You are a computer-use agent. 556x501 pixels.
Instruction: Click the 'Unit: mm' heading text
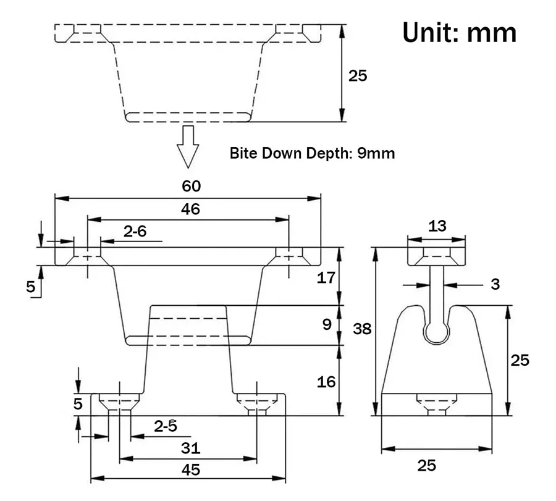point(459,33)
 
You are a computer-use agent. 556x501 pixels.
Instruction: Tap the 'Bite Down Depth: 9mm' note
point(312,153)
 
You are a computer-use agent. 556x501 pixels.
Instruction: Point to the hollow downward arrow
point(188,146)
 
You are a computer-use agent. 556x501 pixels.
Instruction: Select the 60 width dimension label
point(191,186)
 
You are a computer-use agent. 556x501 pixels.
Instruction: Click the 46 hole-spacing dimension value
point(190,209)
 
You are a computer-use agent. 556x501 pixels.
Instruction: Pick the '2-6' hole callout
point(135,231)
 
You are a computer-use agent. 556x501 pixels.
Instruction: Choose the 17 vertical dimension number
point(326,277)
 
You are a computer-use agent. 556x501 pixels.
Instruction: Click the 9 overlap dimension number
point(327,324)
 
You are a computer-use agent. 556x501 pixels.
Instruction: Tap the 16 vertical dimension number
point(326,382)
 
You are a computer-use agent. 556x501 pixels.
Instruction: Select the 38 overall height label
point(361,329)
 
